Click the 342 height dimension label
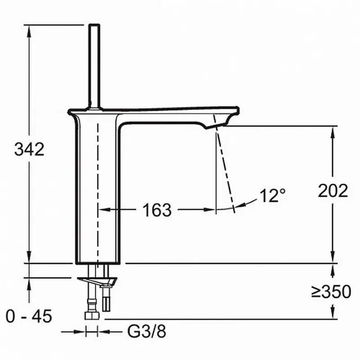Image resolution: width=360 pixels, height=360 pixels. [x=29, y=149]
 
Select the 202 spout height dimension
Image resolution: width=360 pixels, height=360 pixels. [x=333, y=191]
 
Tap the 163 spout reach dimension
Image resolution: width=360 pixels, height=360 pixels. [x=157, y=209]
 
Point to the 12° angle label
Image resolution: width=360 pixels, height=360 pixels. [x=273, y=196]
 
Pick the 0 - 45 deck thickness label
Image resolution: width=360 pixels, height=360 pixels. [x=29, y=316]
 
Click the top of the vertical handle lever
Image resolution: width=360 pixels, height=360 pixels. [x=94, y=26]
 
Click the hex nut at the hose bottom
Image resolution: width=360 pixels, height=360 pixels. [x=92, y=315]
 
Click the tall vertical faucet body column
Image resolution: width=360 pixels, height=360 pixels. [x=97, y=189]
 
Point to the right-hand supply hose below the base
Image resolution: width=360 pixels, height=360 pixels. [x=107, y=297]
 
